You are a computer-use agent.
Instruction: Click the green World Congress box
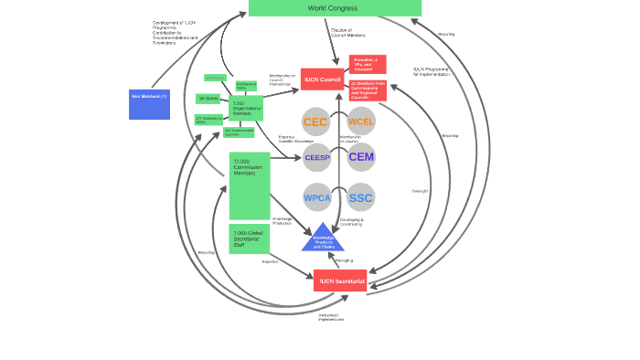(x=335, y=8)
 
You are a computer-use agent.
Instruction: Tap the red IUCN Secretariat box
(x=340, y=281)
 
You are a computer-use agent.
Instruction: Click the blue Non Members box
(x=149, y=103)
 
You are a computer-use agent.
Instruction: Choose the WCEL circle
(x=361, y=122)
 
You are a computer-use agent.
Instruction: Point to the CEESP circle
(x=317, y=157)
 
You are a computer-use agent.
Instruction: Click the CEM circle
(x=361, y=157)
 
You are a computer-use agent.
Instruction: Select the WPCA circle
(x=317, y=197)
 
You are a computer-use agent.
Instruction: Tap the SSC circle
(x=361, y=197)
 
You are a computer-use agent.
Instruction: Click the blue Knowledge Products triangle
(x=323, y=238)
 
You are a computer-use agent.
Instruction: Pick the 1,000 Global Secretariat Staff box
(x=249, y=238)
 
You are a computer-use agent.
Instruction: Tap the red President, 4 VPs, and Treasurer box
(x=368, y=64)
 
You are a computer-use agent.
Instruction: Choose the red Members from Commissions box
(x=368, y=90)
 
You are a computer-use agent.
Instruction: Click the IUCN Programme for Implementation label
(x=434, y=71)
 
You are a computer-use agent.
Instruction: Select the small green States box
(x=208, y=99)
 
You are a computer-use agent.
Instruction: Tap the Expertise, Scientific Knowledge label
(x=296, y=139)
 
